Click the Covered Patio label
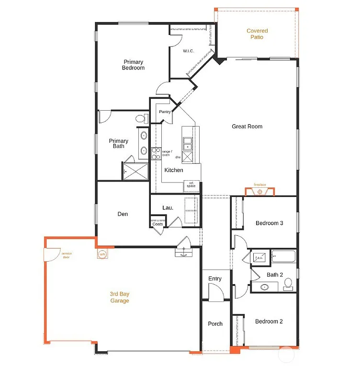257,34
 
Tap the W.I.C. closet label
188,51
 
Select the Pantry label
165,112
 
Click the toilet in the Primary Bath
140,118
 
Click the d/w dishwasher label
178,157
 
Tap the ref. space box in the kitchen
191,185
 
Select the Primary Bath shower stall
135,171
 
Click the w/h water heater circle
102,254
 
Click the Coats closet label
157,224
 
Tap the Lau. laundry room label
168,207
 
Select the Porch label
215,324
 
